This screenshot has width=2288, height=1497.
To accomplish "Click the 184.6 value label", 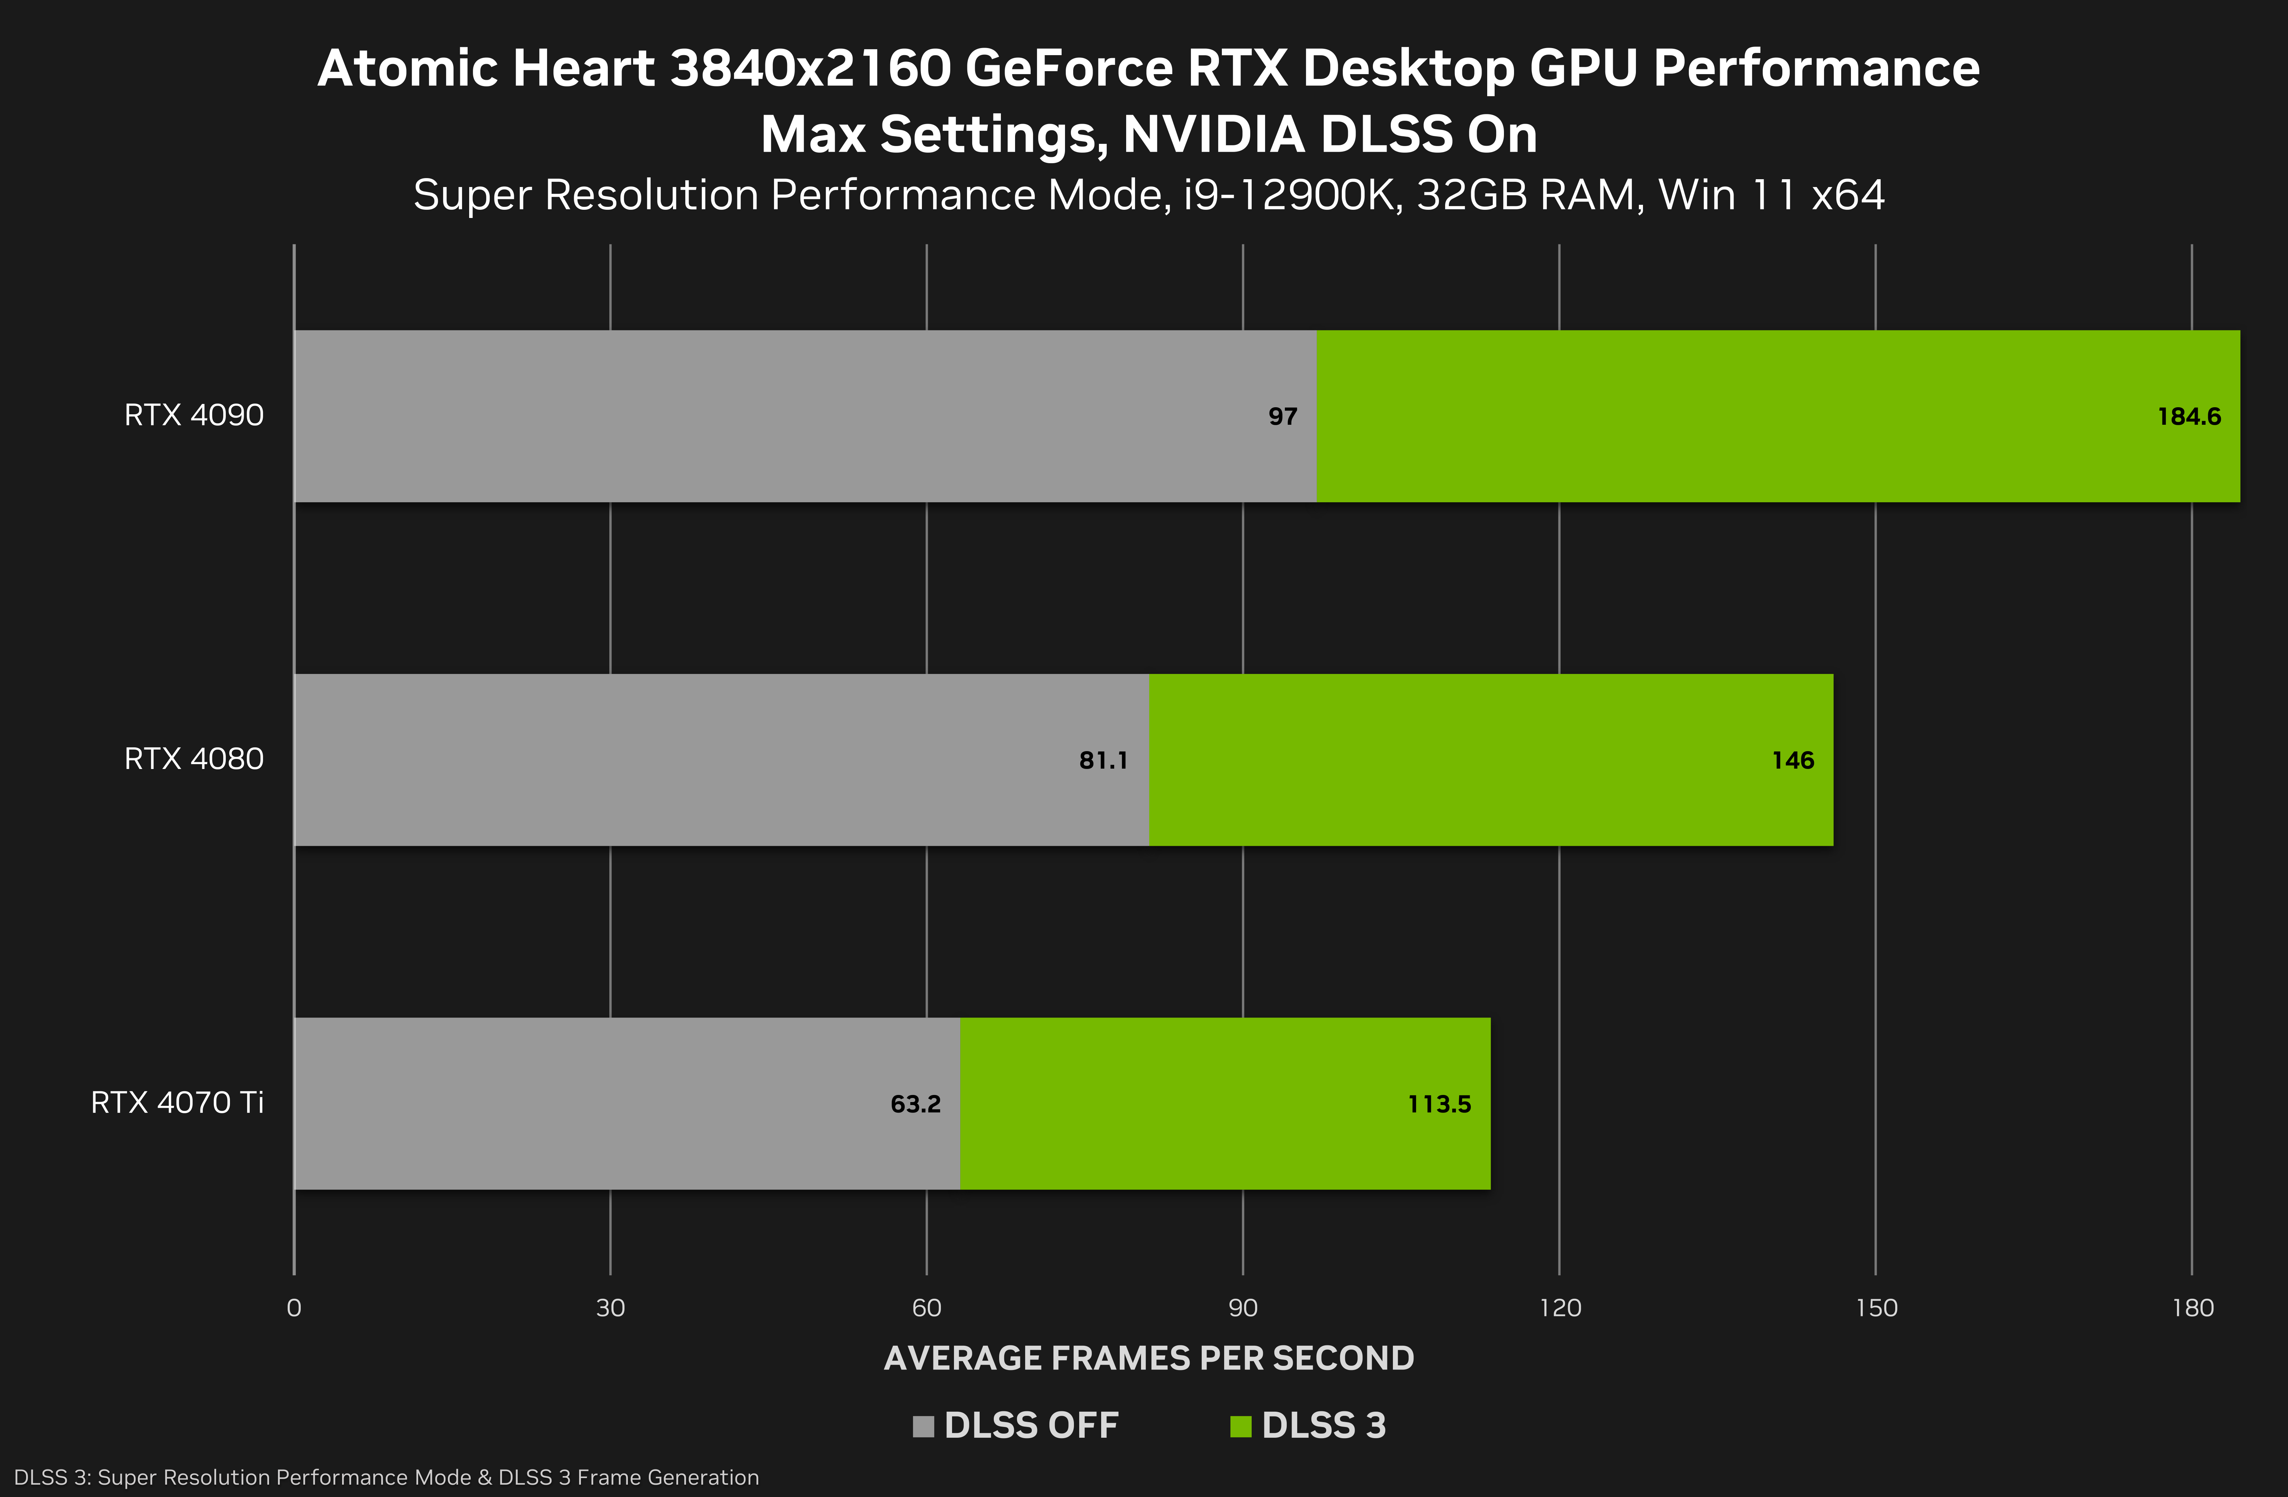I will pos(2189,416).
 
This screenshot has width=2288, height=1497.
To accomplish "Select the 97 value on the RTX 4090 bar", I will pos(1282,416).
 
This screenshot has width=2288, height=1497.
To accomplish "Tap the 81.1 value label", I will pos(1103,760).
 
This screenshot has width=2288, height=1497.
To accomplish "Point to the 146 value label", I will pos(1793,760).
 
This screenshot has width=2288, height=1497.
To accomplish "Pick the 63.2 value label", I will pos(915,1104).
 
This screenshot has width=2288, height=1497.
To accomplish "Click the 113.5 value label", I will pos(1439,1104).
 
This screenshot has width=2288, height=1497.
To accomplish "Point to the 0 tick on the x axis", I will pos(294,1308).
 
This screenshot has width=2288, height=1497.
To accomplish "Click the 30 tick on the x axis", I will pos(610,1308).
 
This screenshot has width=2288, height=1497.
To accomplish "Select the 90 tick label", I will pos(1243,1308).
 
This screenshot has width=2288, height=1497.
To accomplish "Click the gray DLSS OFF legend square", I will pos(923,1426).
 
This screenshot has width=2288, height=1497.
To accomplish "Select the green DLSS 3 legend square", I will pos(1240,1426).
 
